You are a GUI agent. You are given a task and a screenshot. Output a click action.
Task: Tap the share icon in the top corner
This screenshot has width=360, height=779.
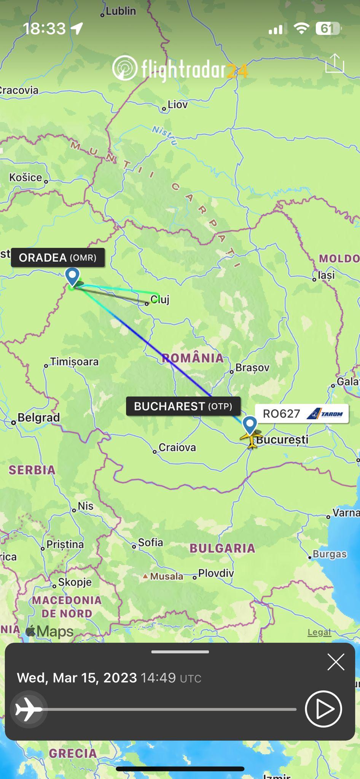pos(335,63)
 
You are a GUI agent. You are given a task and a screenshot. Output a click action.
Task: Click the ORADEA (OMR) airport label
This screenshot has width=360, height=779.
pos(57,258)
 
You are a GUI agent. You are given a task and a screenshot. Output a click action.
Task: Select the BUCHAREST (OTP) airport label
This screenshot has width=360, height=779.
pos(183,406)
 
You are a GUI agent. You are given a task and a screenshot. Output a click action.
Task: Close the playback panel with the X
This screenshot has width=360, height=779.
pos(336,662)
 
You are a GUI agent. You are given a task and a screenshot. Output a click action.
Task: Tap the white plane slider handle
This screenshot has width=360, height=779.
pos(29,709)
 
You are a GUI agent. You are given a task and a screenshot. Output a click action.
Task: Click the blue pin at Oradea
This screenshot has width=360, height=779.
pos(72,276)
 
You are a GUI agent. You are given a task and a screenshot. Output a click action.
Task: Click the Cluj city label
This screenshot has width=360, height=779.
pos(160,299)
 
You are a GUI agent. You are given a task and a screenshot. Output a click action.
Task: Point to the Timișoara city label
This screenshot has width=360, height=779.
pos(74,361)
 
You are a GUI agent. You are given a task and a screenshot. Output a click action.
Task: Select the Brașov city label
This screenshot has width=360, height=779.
pos(252,367)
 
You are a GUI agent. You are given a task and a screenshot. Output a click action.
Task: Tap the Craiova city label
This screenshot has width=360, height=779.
pos(177,447)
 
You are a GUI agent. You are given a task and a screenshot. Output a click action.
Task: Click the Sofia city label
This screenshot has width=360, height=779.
pos(150,542)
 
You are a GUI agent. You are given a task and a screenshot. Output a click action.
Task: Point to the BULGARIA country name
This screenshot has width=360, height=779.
pos(222,548)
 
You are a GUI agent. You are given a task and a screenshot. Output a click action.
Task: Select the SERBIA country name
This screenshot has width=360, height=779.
pos(32,470)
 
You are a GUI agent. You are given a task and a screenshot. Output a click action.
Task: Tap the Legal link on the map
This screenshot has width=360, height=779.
pos(319,632)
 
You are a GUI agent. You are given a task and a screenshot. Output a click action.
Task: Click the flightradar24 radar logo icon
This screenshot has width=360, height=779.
pos(124,68)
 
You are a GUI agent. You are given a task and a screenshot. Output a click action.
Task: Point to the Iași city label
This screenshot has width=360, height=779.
pos(327,275)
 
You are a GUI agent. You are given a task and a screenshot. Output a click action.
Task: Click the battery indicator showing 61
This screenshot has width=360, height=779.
pos(327,29)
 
